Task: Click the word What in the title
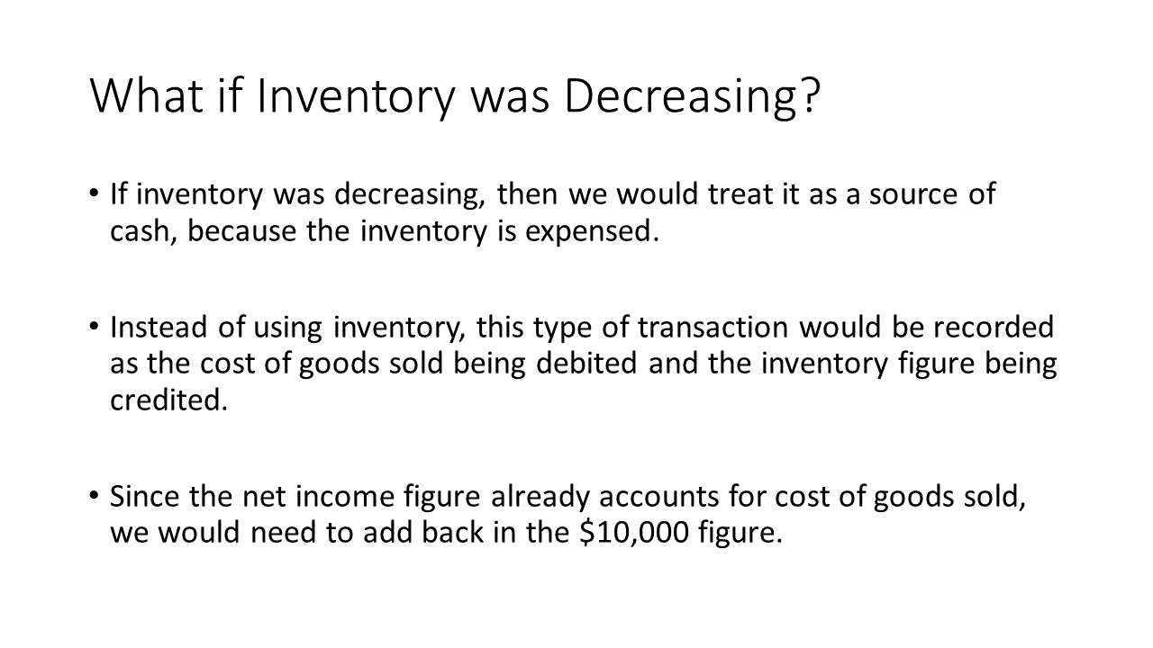[147, 96]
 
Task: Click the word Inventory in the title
[356, 99]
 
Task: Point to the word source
[913, 195]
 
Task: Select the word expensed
[592, 232]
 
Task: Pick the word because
[241, 230]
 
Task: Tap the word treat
[740, 193]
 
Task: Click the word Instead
[159, 327]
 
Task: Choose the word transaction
[713, 328]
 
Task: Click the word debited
[586, 363]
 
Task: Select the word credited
[168, 400]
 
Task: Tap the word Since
[145, 496]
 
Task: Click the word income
[345, 496]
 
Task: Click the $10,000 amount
[634, 532]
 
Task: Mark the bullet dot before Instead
[93, 326]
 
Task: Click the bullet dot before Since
[93, 495]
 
